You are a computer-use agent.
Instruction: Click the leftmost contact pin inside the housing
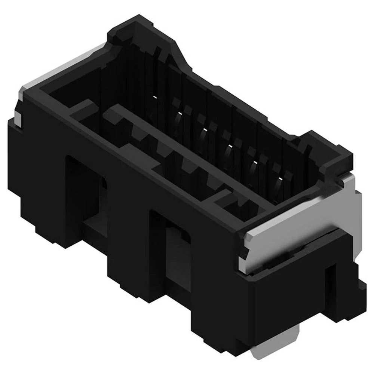coord(154,98)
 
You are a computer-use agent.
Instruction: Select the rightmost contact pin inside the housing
coord(279,183)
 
